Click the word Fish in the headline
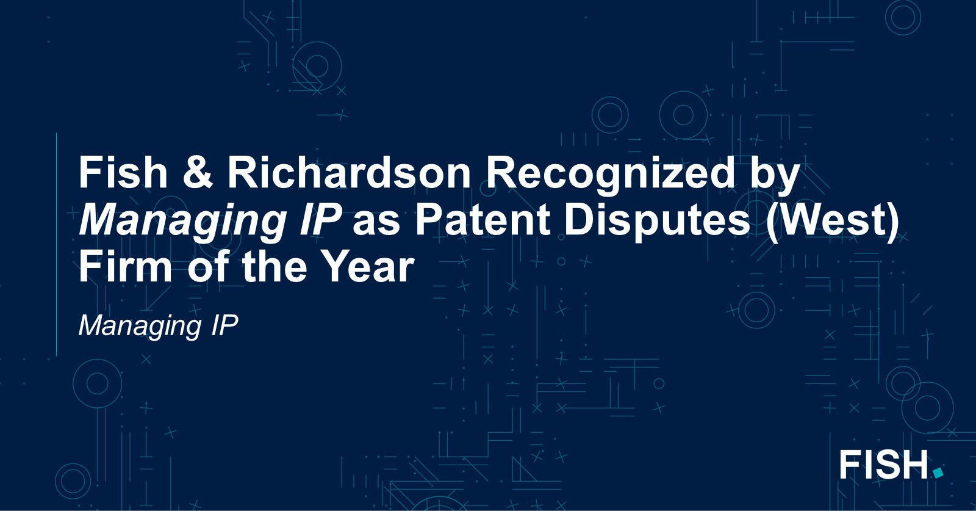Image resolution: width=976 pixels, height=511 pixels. (x=123, y=173)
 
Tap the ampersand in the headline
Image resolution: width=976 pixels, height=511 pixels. (x=198, y=173)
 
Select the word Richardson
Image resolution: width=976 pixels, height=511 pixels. (x=349, y=173)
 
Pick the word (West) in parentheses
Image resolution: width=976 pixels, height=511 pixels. (x=833, y=223)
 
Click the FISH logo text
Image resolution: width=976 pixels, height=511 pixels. (x=884, y=465)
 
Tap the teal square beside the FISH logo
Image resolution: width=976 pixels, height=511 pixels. (x=938, y=472)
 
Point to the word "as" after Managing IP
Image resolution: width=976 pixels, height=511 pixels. (x=376, y=223)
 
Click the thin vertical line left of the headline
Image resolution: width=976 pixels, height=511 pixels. (x=57, y=244)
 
